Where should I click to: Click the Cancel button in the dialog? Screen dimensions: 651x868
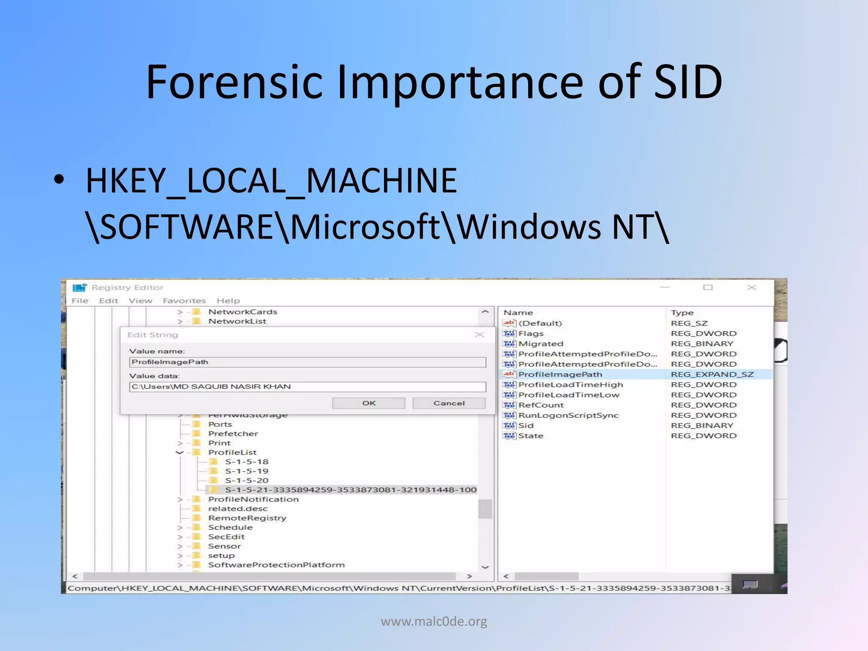(x=449, y=403)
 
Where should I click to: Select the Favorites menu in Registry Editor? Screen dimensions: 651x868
(x=184, y=300)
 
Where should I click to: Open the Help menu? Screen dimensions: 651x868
(x=228, y=300)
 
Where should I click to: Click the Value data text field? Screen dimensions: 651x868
(x=307, y=387)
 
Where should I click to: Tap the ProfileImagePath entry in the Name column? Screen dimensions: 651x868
(x=560, y=374)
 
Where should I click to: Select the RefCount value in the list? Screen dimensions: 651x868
(x=541, y=405)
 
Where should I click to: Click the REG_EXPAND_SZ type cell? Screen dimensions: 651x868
(x=712, y=374)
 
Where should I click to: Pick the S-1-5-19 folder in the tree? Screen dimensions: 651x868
(x=246, y=471)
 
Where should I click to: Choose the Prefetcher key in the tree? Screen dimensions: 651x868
(x=233, y=434)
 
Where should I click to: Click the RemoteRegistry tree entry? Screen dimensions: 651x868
(x=247, y=518)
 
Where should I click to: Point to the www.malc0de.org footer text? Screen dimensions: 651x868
(x=434, y=621)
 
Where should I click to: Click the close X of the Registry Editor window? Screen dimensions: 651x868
(x=751, y=287)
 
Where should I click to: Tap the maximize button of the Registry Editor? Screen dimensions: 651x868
(x=708, y=287)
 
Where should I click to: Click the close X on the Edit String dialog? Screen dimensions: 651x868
(x=479, y=335)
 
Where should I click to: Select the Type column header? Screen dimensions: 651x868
(x=682, y=312)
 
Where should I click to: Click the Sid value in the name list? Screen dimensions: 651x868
(x=526, y=426)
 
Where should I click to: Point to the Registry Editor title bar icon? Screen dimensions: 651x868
(x=79, y=287)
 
